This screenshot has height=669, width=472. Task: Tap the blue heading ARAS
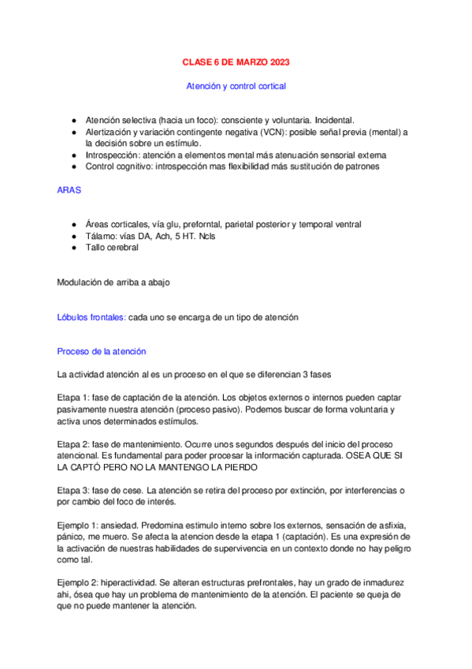pyautogui.click(x=68, y=190)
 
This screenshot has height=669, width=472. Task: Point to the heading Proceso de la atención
pyautogui.click(x=102, y=351)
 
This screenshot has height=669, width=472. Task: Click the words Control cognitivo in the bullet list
pyautogui.click(x=119, y=167)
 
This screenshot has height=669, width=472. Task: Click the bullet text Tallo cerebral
pyautogui.click(x=112, y=248)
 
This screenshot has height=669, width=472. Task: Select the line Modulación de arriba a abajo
pyautogui.click(x=113, y=282)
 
